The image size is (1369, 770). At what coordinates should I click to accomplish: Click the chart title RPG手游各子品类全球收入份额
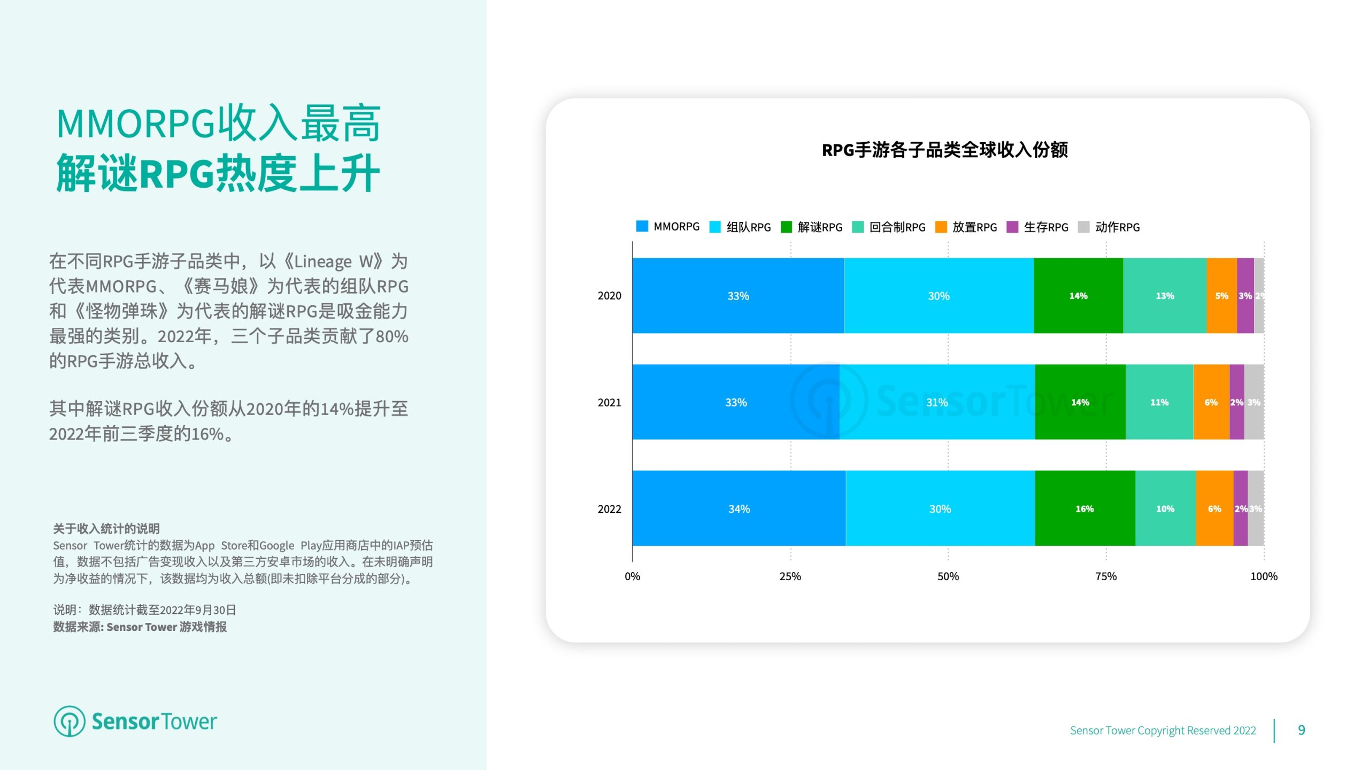tap(944, 150)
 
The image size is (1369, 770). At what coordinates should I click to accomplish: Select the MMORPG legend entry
tap(667, 226)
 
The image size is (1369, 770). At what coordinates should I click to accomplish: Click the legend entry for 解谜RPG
tap(811, 227)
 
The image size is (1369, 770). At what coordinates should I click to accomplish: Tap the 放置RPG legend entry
tap(966, 227)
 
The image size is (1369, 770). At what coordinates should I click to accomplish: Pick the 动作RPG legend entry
tap(1109, 227)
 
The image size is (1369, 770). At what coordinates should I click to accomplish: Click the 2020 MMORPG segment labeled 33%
tap(738, 296)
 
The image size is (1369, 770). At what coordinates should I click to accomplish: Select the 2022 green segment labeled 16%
tap(1085, 509)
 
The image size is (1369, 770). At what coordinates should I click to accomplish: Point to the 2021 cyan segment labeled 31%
tap(937, 402)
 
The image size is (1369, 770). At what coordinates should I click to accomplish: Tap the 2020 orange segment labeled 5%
tap(1221, 296)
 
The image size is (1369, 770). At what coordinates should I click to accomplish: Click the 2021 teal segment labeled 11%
tap(1159, 402)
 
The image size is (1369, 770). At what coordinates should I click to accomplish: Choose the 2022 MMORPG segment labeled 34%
tap(739, 509)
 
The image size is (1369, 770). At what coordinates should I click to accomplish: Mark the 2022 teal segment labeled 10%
tap(1165, 509)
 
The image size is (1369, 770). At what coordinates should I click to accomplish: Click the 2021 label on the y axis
tap(609, 402)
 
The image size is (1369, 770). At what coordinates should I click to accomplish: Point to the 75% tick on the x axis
tap(1106, 576)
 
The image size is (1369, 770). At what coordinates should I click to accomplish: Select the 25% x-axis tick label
tap(790, 576)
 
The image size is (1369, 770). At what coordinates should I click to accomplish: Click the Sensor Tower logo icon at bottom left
tap(69, 721)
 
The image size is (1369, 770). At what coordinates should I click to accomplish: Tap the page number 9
tap(1301, 730)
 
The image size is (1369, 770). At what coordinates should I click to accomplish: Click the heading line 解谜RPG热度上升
tap(218, 173)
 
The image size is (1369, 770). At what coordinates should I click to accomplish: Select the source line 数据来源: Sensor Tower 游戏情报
tap(140, 627)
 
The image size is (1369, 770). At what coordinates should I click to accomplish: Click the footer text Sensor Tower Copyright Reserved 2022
tap(1163, 730)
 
